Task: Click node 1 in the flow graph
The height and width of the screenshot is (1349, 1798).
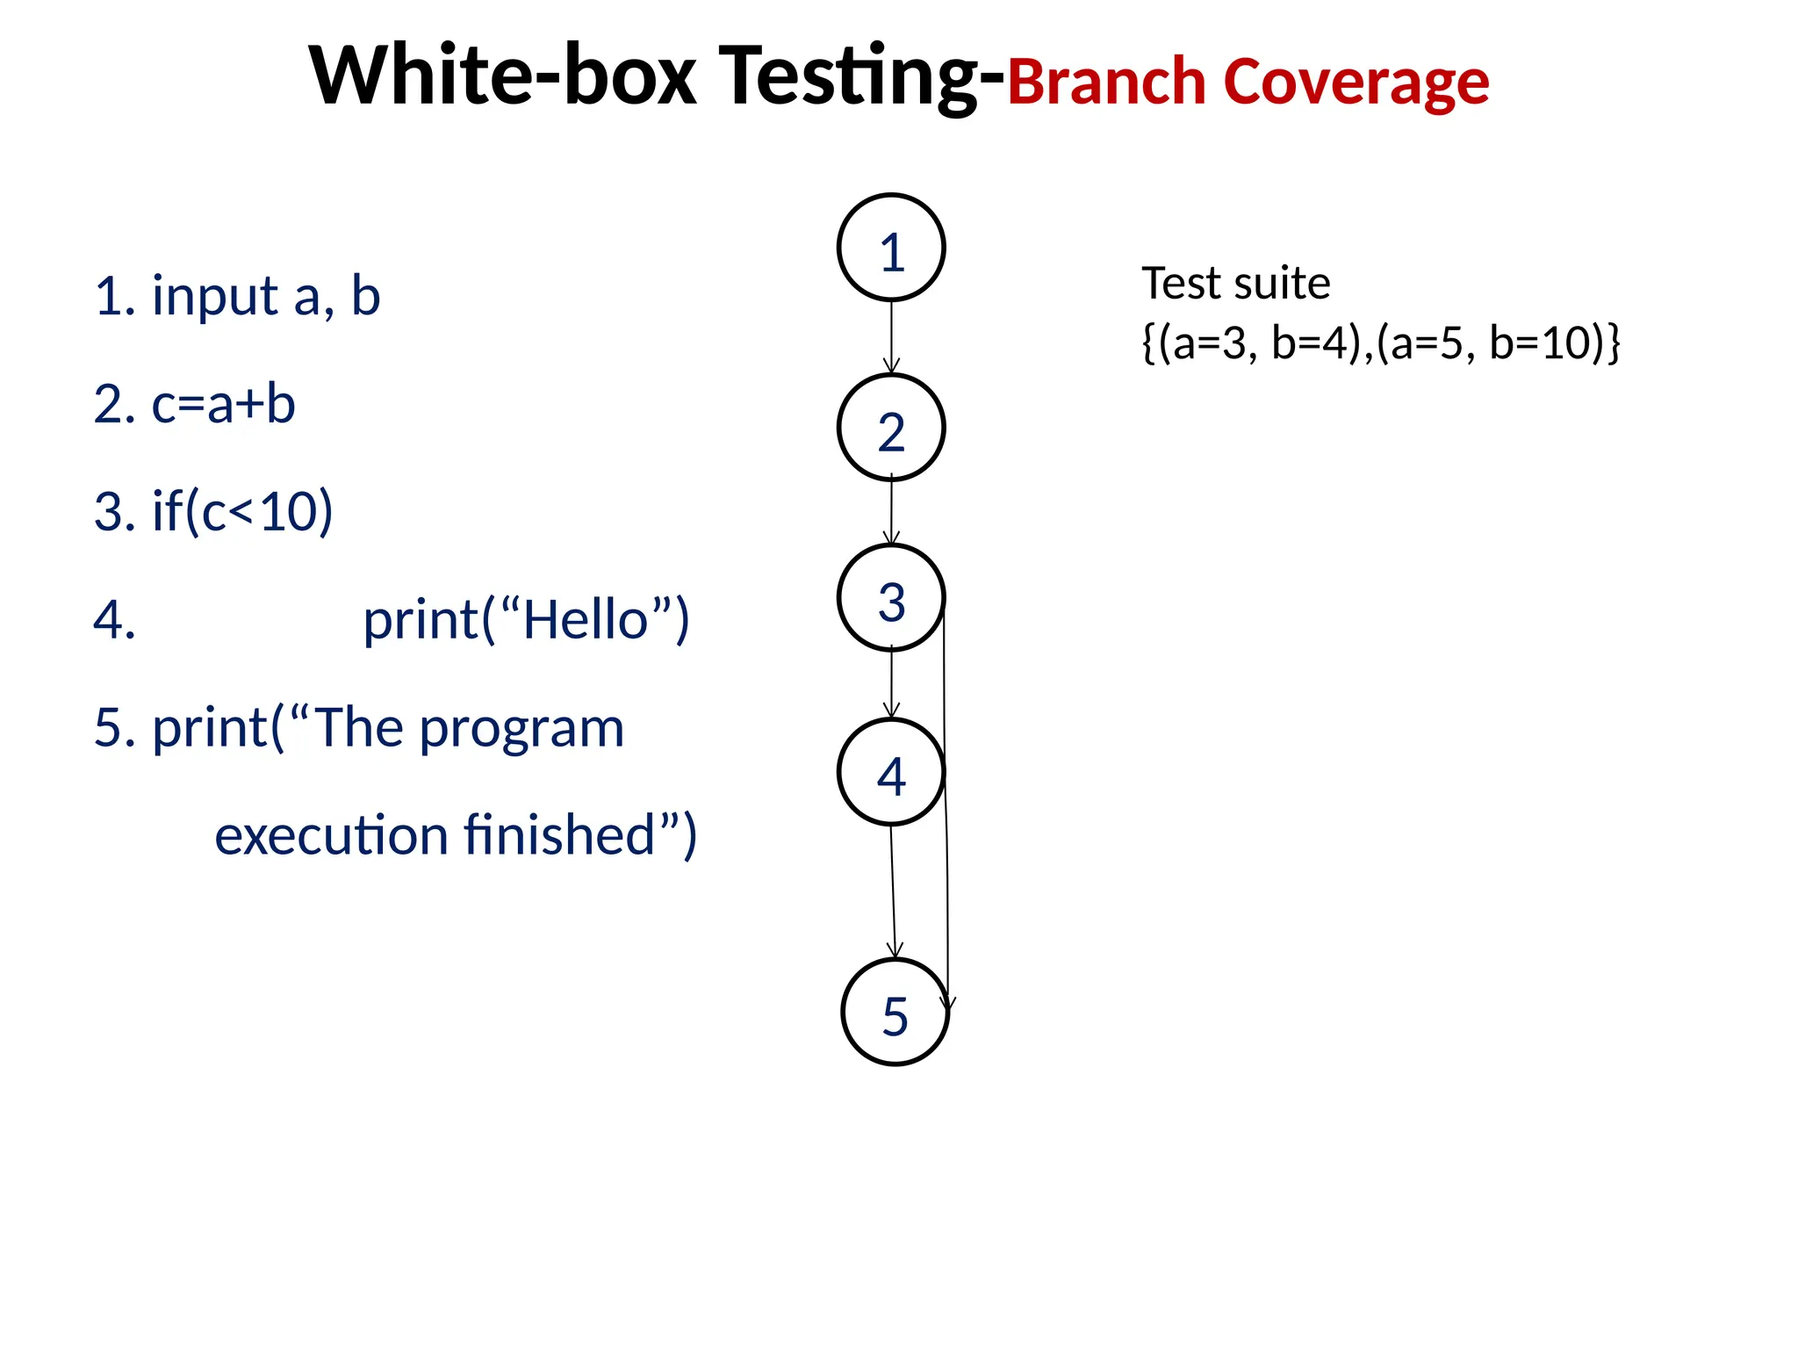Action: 891,248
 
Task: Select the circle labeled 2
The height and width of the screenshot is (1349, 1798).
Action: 891,428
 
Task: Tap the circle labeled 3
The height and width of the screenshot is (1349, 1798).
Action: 891,597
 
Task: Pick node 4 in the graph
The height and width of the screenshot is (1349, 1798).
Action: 891,772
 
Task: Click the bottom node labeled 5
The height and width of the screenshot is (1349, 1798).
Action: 895,1012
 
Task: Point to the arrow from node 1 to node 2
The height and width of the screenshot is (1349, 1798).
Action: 891,337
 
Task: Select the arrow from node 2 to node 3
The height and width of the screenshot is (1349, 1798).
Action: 891,512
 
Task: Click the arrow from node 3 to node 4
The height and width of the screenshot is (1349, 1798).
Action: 891,683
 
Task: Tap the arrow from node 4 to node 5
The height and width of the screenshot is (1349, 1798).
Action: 893,891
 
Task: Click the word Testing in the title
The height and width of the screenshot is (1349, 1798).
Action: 860,77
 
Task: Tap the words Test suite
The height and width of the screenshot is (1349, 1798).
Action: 1235,284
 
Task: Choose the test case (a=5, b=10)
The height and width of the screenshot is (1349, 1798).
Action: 1492,343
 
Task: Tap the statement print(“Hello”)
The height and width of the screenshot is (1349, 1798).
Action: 526,620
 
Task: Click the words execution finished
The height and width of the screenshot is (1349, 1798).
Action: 455,835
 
